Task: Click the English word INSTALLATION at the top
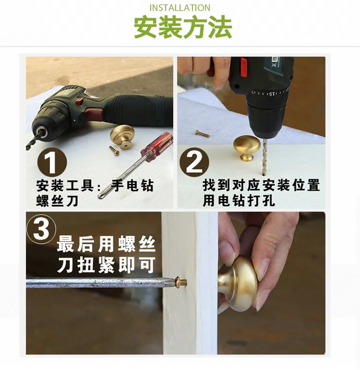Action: pos(180,8)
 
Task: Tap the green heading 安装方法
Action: pos(183,27)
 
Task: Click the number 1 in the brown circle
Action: pos(52,162)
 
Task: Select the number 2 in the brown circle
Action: pos(194,162)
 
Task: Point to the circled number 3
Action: pos(42,229)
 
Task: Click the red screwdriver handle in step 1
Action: pos(157,147)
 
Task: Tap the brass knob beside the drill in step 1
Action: pos(122,137)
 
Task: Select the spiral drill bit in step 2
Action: pos(265,157)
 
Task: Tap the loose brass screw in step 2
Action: pos(202,134)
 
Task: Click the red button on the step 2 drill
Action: pos(244,68)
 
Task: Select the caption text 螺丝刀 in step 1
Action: pos(58,201)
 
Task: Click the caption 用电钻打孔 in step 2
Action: pos(239,201)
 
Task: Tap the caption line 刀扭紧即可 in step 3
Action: pos(106,265)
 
